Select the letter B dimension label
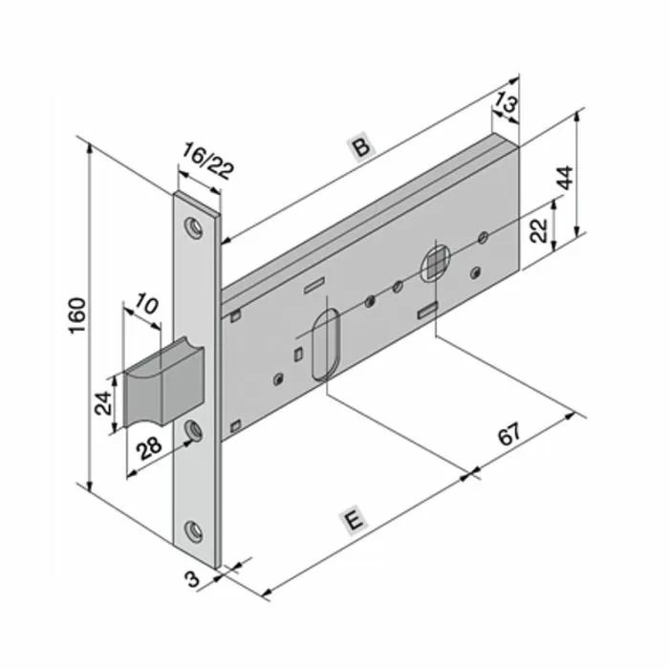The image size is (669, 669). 359,146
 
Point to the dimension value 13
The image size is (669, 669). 507,102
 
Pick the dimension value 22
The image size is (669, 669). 538,230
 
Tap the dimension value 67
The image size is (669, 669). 511,434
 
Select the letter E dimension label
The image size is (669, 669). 355,522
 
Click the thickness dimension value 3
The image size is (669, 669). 191,579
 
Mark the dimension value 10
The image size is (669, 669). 146,306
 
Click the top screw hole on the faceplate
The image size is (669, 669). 195,227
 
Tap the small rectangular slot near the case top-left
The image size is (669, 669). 313,284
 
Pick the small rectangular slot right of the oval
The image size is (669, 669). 426,309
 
